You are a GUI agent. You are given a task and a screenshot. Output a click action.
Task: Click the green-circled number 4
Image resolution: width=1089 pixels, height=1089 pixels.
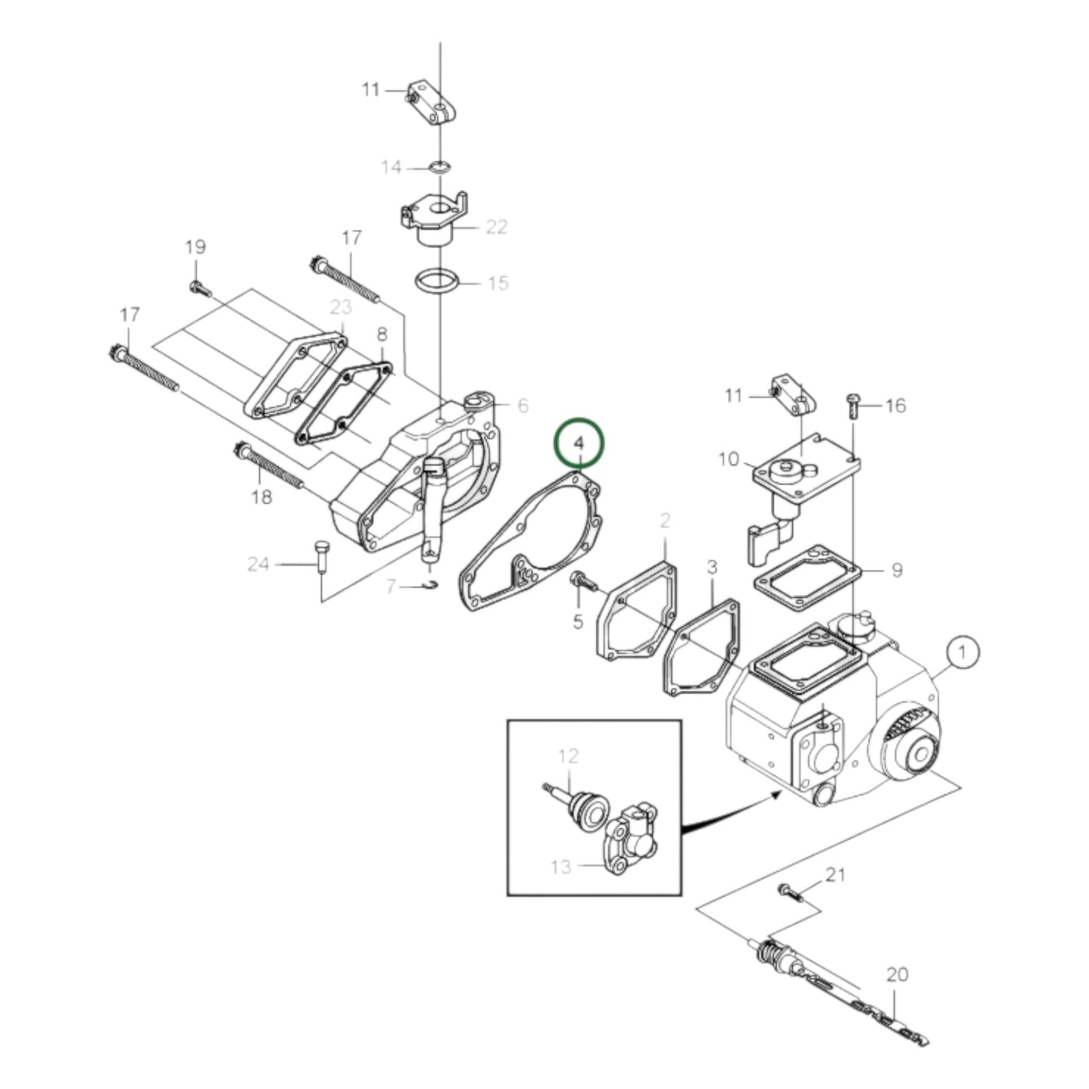(579, 444)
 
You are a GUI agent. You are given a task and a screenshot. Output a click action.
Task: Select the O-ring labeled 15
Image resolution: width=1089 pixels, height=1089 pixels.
(437, 285)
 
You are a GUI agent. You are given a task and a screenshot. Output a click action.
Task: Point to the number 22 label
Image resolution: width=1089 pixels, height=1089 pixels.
(496, 227)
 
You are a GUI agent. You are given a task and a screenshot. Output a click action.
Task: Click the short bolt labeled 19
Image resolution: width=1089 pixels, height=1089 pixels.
(199, 286)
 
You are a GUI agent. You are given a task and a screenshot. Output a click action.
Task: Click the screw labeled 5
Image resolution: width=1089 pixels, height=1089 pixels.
(583, 581)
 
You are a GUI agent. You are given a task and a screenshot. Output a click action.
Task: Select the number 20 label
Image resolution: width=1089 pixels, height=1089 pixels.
(896, 974)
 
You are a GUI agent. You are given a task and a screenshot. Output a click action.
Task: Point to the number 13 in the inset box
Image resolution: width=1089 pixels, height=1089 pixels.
(561, 867)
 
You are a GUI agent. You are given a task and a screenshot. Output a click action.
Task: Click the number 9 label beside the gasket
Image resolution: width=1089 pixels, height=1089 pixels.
(896, 570)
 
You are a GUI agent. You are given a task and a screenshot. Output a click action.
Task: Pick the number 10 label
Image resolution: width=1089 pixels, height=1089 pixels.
(729, 459)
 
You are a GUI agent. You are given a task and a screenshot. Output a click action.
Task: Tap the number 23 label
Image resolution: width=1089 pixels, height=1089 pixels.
(341, 307)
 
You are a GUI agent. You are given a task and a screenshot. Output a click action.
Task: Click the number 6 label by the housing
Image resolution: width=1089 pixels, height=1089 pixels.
(522, 406)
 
